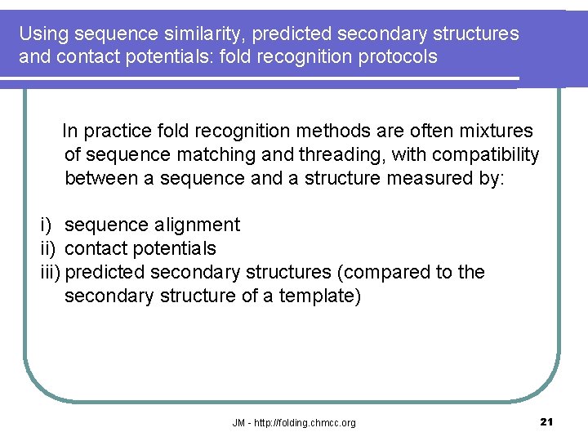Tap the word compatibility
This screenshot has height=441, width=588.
tap(489, 154)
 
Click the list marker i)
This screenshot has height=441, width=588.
tap(47, 225)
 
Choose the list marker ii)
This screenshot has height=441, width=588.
tap(49, 248)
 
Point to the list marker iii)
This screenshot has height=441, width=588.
tap(51, 272)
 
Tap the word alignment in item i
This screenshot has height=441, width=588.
tap(198, 225)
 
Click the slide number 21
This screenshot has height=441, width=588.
tap(547, 421)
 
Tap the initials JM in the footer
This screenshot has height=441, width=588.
tap(238, 423)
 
